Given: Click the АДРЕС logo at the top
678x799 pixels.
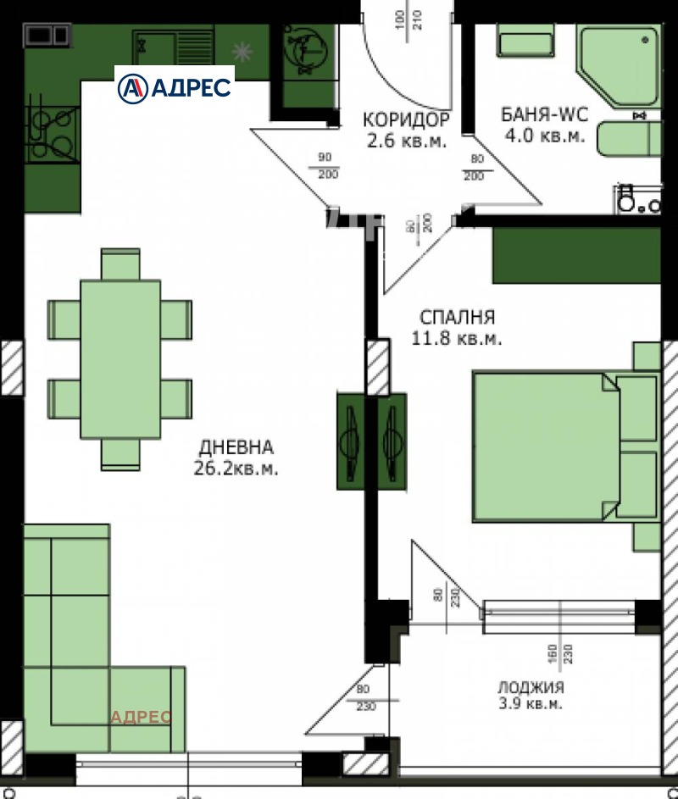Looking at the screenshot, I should (175, 86).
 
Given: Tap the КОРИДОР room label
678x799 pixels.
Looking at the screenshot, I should (406, 119).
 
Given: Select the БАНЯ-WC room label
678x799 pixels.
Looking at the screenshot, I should (542, 115).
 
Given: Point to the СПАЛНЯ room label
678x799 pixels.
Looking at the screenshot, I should (457, 318).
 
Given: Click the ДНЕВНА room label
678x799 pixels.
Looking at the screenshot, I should (236, 447).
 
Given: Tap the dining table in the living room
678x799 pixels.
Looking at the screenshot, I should (120, 358).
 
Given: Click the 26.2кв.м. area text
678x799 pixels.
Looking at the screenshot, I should (236, 468).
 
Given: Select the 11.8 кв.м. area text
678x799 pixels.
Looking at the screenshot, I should (457, 339).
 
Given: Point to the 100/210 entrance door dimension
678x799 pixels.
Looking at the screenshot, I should (408, 19).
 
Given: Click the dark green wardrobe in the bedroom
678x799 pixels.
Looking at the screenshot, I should (576, 255).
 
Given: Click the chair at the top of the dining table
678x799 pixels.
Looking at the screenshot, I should (120, 264).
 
